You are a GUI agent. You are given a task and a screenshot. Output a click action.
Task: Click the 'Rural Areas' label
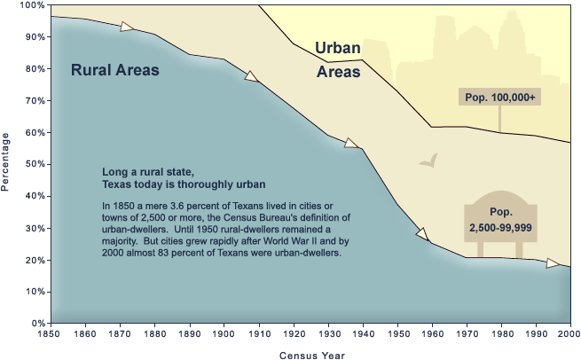[x=114, y=69]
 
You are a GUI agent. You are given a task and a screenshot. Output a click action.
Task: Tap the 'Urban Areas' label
[x=338, y=59]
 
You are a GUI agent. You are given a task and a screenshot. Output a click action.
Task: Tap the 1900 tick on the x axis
[x=224, y=333]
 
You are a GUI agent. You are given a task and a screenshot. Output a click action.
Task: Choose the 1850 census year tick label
[x=51, y=333]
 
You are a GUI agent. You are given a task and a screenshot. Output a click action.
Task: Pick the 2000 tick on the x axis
[x=569, y=333]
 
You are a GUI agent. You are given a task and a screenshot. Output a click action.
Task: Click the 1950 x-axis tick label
[x=396, y=333]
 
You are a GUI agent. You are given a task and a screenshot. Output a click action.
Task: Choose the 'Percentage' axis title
[x=6, y=162]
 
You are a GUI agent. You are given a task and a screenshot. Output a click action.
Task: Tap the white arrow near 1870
[x=129, y=27]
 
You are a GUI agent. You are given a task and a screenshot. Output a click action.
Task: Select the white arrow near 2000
[x=553, y=263]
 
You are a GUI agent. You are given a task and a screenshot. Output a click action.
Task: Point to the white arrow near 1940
[x=351, y=143]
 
